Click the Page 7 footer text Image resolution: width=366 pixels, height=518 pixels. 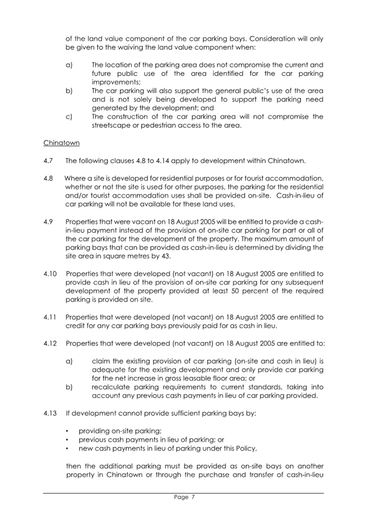point(183,497)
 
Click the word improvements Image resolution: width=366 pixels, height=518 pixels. point(115,82)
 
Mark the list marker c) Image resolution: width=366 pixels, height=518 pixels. point(70,117)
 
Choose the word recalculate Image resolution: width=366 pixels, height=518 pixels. point(114,386)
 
